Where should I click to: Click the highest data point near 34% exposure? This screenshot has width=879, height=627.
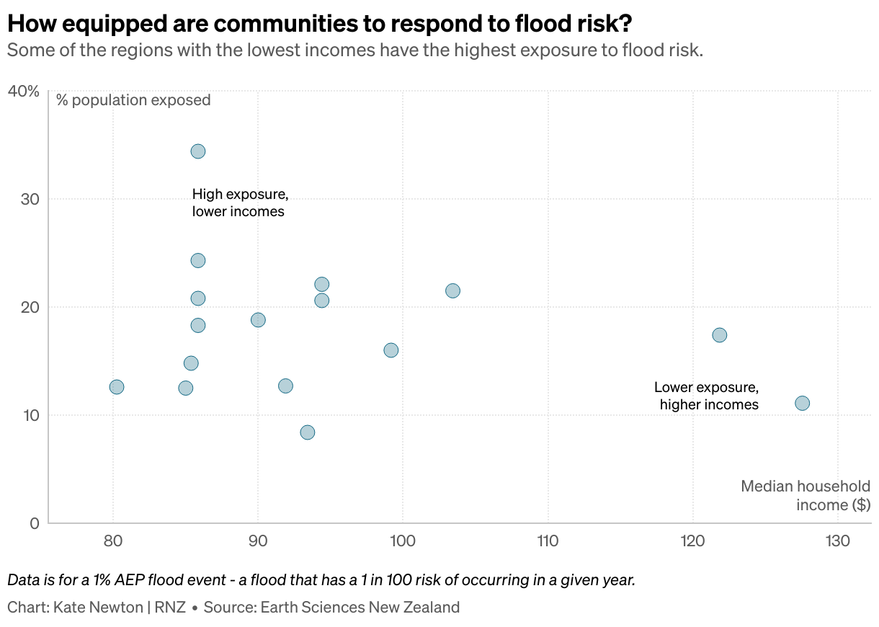198,151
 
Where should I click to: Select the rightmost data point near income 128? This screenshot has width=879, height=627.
802,403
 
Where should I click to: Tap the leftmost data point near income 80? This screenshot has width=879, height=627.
117,387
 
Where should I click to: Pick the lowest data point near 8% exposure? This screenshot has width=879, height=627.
308,432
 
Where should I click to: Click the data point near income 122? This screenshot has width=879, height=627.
719,335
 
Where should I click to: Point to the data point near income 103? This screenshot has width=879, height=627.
452,290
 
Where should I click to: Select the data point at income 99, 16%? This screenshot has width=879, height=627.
391,350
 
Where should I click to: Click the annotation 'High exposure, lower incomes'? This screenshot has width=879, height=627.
239,203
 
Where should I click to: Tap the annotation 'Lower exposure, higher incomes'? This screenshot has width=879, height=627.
707,396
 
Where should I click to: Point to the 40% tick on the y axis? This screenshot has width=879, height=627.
24,92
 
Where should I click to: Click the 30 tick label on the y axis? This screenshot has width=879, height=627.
30,200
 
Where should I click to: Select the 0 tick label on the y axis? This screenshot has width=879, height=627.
34,523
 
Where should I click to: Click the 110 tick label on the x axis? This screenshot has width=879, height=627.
548,541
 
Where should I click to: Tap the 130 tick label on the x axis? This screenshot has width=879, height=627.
838,541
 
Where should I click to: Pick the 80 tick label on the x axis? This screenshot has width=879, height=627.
112,541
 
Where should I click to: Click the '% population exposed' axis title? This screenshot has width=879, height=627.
133,100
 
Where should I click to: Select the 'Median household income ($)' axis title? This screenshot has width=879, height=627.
806,496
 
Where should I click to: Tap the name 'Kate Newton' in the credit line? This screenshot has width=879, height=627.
99,608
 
